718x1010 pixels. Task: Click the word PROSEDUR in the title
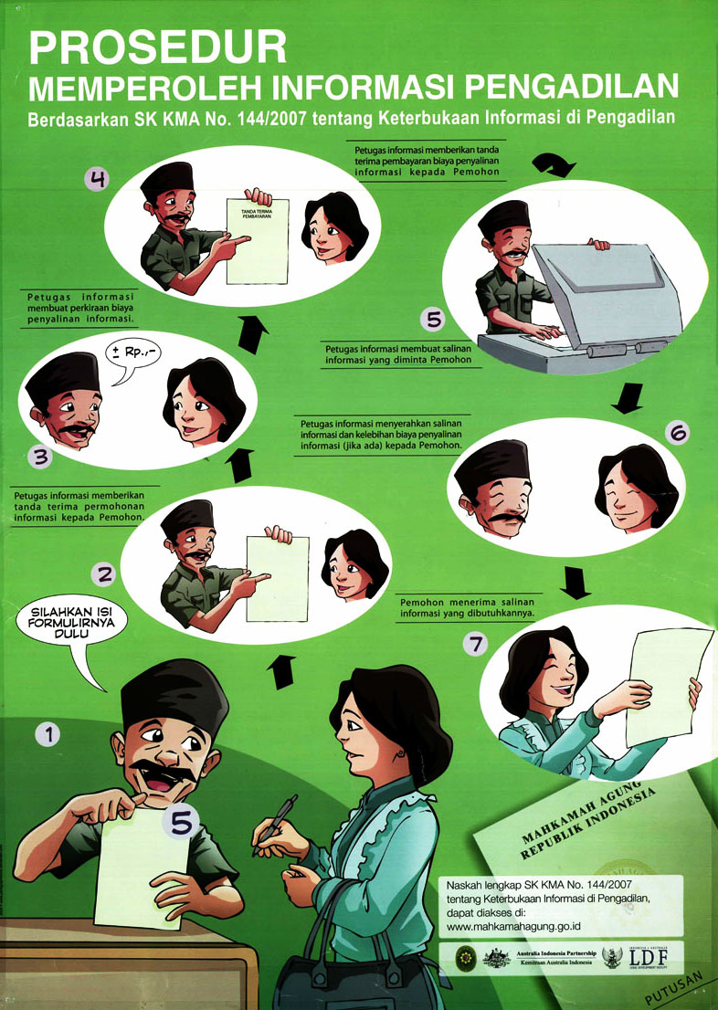click(x=157, y=47)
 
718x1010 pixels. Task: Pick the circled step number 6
click(x=677, y=435)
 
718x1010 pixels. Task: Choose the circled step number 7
click(x=474, y=645)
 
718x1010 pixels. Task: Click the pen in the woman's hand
click(x=276, y=822)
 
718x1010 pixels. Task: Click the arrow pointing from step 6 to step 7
click(x=575, y=581)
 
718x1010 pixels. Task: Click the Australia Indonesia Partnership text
click(x=558, y=952)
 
